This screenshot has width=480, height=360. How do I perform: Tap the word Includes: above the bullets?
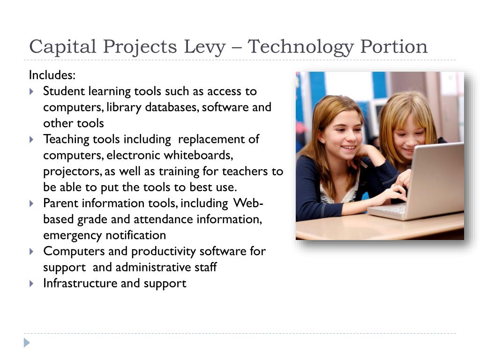coord(52,75)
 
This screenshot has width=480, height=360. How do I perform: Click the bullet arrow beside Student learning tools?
coord(31,91)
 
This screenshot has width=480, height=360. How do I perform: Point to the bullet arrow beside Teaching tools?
coord(31,139)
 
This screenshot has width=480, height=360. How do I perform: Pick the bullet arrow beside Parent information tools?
coord(31,203)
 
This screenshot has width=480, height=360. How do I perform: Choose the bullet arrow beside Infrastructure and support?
coord(31,284)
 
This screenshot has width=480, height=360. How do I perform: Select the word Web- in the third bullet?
coord(248,203)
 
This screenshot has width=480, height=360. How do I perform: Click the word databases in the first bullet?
coord(173,107)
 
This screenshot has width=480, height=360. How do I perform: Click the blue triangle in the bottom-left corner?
coord(27,343)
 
